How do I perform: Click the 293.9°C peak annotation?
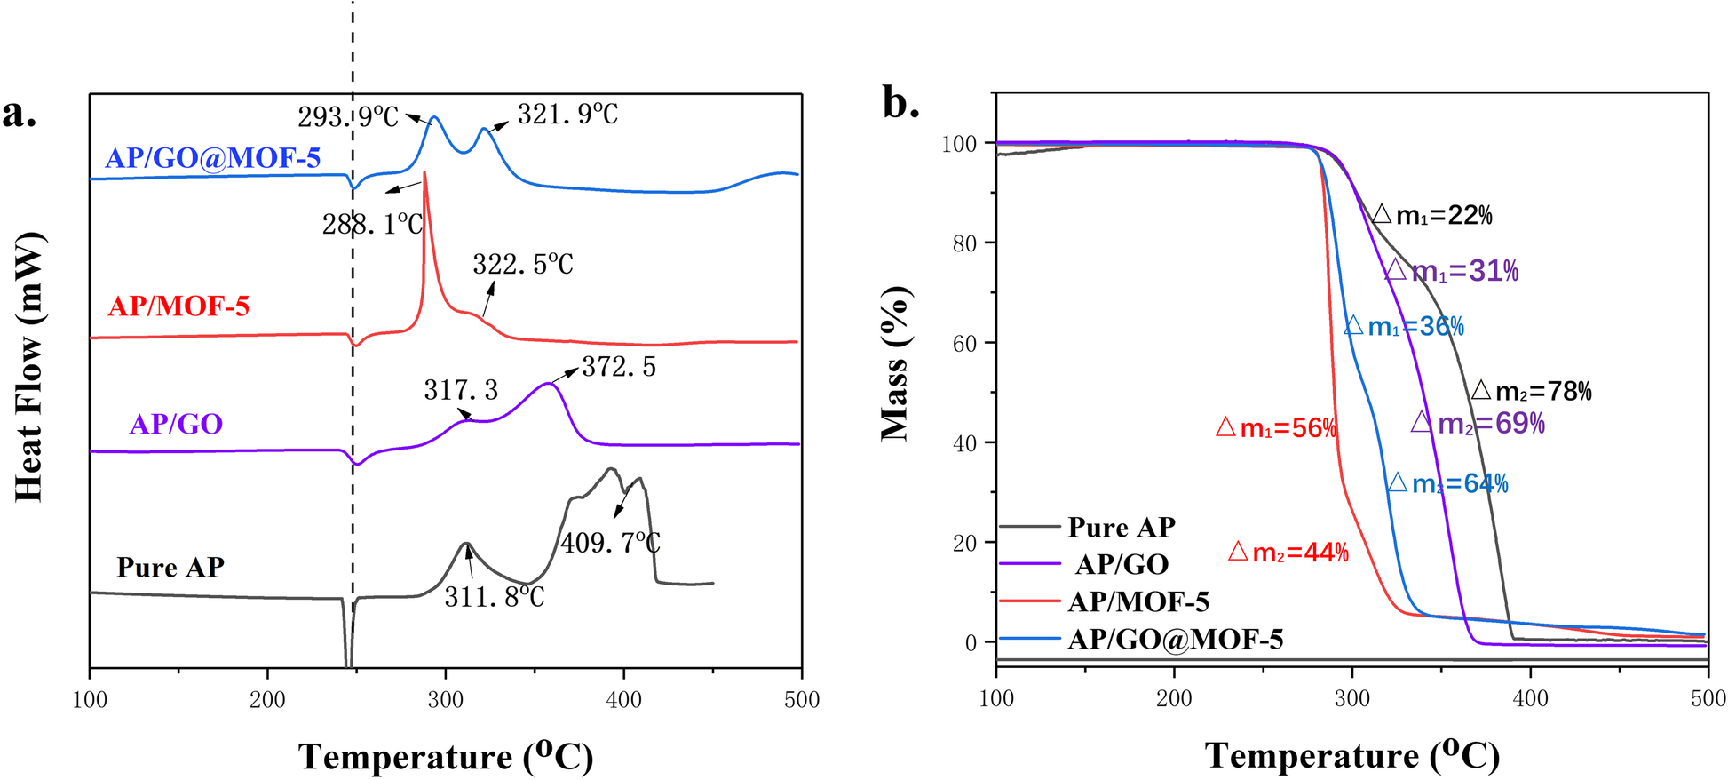tap(347, 116)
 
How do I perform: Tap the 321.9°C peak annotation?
tap(567, 115)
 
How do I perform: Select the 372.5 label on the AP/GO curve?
tap(618, 367)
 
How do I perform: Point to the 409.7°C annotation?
tap(610, 542)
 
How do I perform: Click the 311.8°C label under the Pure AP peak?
tap(495, 597)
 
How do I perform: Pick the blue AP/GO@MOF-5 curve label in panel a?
tap(212, 158)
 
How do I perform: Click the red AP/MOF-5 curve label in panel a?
tap(178, 306)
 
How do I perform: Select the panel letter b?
tap(900, 104)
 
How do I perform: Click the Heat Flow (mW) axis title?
tap(29, 367)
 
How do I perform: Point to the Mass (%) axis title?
tap(895, 364)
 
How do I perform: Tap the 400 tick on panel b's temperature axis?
tap(1530, 698)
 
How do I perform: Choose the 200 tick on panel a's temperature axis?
tap(267, 700)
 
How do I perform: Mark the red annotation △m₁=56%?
tap(1276, 428)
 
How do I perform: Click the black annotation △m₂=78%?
tap(1532, 391)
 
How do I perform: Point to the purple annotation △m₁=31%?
tap(1452, 271)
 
